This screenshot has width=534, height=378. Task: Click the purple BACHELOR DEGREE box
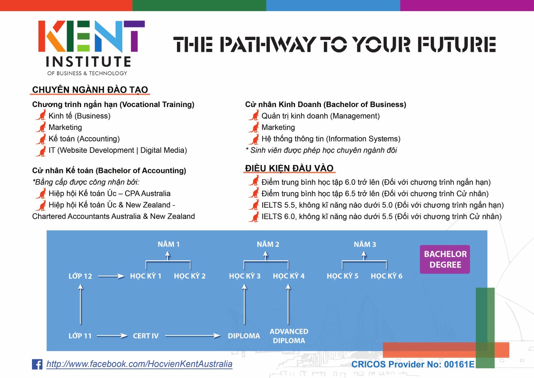coord(445,259)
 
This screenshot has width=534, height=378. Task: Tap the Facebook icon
coord(37,364)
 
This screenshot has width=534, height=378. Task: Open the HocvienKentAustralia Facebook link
coord(139,364)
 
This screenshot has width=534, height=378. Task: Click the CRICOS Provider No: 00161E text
coord(413,364)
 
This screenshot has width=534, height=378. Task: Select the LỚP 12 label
coord(80,276)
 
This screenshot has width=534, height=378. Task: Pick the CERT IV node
coord(146,336)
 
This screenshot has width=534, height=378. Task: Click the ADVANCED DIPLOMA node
coord(289,336)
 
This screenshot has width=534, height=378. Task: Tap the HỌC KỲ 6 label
coord(386,276)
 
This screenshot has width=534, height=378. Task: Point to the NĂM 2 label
coord(268,244)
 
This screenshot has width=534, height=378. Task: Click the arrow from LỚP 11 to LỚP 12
coord(81,304)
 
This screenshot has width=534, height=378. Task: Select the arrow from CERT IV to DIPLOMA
coord(193,336)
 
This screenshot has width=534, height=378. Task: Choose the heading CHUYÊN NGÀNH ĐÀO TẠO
coord(90,90)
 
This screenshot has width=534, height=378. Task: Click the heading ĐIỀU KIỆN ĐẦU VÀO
coord(289,168)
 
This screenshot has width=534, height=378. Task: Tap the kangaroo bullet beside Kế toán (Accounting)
coord(41,139)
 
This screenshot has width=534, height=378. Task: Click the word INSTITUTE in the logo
coord(88,62)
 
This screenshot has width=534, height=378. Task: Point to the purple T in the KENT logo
coord(134,36)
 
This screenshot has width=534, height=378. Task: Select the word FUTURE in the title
coord(457,44)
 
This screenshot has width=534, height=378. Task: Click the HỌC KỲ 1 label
coord(146,276)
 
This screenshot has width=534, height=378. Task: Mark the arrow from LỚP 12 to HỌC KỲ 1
coord(112,276)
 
